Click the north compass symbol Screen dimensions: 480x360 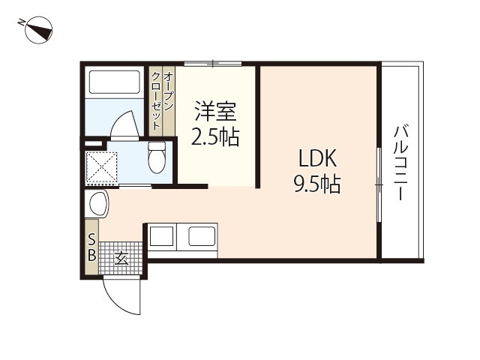pos(38,31)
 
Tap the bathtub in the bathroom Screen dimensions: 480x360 pos(115,82)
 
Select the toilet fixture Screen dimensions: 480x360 pos(157,157)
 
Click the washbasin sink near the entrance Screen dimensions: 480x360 pos(98,204)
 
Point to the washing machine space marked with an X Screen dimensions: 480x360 pos(101,168)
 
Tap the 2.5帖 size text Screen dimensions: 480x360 pos(215,136)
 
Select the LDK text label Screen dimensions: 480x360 pos(318,158)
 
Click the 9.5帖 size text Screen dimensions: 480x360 pos(317,184)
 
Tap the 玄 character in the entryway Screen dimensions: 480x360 pos(121,258)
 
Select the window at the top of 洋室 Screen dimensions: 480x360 pos(213,64)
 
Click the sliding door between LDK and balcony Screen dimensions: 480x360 pos(379,184)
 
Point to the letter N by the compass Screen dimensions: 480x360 pos(21,22)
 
